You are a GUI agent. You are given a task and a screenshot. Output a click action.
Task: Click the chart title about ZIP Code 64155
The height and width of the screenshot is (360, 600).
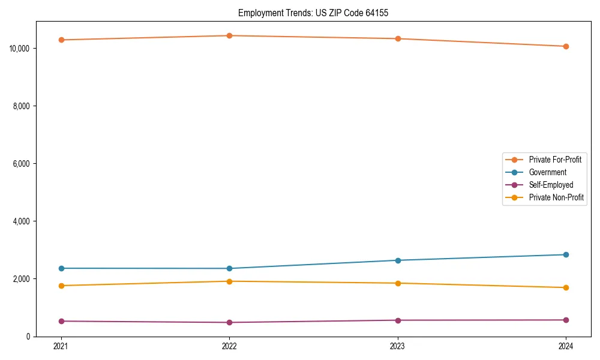click(x=313, y=13)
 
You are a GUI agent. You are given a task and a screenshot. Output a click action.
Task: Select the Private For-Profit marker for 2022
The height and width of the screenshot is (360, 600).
click(x=229, y=35)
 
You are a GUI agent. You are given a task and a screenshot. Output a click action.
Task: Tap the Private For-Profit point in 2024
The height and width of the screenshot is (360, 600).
click(x=566, y=46)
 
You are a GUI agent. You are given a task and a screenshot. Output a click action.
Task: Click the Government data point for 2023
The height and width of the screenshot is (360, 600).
click(x=398, y=260)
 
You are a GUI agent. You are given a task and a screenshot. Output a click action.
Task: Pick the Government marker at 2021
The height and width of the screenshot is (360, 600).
click(x=61, y=268)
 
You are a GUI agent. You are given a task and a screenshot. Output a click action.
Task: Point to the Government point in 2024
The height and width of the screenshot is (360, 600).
click(x=566, y=254)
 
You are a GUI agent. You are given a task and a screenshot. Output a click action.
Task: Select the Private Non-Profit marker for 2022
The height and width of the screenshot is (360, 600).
click(x=229, y=281)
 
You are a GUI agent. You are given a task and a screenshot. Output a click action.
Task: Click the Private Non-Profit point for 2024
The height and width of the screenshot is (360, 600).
click(x=566, y=287)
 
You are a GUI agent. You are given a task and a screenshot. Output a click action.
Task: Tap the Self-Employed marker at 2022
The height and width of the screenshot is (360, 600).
click(x=229, y=322)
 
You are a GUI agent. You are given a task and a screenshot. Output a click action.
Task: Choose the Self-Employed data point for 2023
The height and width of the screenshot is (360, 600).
click(x=398, y=320)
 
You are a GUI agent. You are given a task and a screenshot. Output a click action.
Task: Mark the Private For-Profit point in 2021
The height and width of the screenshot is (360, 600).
click(x=61, y=40)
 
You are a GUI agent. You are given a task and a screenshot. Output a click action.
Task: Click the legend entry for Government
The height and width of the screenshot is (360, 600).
click(x=547, y=172)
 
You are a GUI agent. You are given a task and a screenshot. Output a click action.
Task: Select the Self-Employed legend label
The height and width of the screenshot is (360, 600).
click(x=551, y=185)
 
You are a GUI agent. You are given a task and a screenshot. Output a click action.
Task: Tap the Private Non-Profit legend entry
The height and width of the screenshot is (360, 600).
click(x=556, y=197)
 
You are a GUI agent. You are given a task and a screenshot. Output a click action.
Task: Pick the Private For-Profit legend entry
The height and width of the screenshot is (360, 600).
click(x=554, y=160)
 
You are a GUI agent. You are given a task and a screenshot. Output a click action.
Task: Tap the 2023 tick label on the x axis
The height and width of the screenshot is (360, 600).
click(x=398, y=346)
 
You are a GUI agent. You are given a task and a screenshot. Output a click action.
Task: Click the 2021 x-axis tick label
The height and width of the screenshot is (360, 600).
click(x=61, y=346)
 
